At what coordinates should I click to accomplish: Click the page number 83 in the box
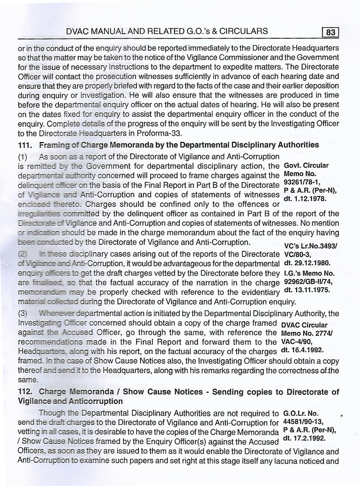click(x=330, y=32)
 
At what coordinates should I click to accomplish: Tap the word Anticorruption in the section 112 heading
click(x=96, y=401)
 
